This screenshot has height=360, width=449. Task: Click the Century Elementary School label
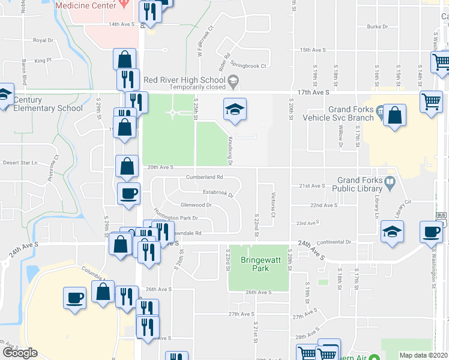coord(48,104)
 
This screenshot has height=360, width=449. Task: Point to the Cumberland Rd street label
coord(204,177)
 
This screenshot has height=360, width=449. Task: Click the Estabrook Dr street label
coord(217,193)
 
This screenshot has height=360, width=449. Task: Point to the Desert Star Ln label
coord(20,163)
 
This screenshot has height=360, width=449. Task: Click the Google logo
coord(20,353)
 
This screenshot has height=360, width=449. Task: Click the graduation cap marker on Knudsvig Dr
coord(235,109)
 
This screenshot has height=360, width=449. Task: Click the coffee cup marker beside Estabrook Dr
coord(129,193)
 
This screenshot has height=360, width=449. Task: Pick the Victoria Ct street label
coord(273,205)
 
